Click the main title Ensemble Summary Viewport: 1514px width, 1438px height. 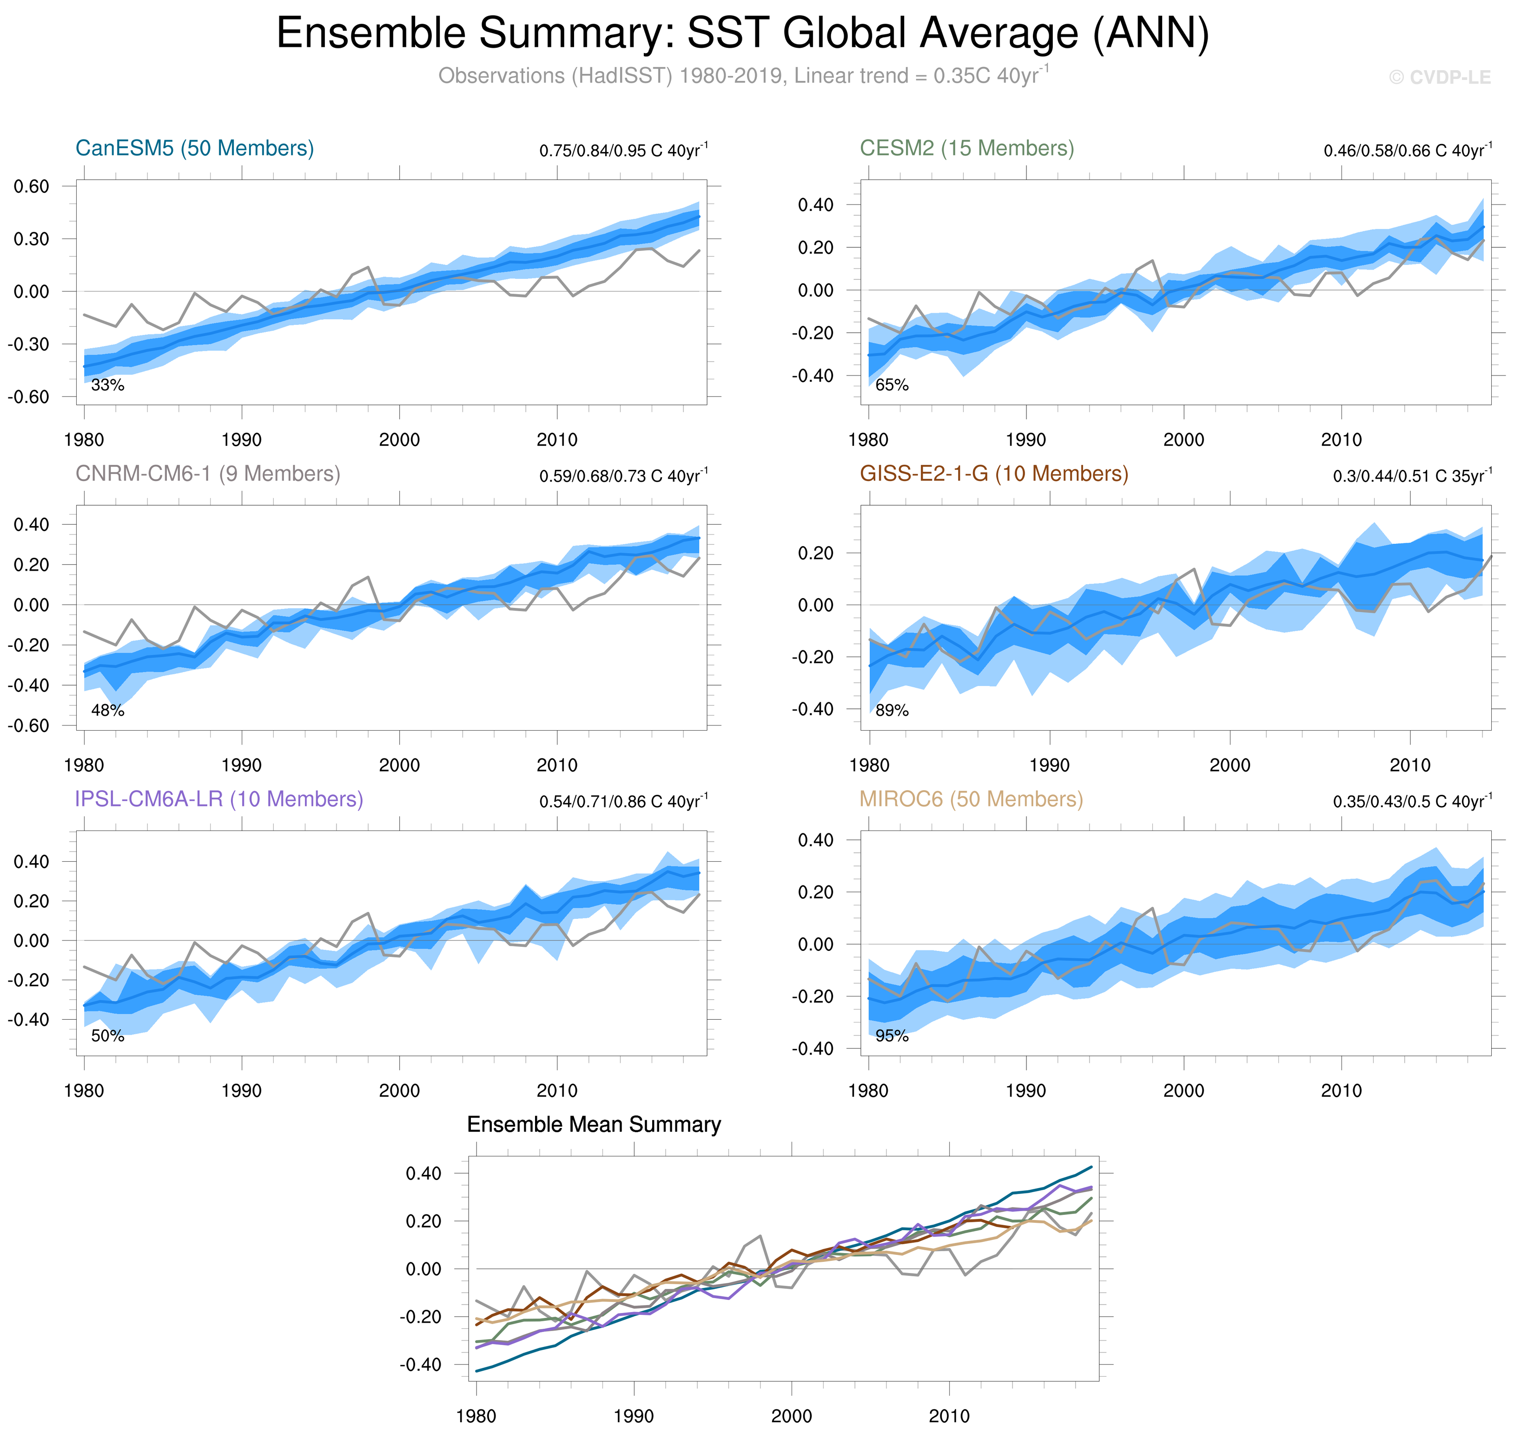(x=742, y=34)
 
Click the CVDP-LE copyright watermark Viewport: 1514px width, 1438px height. (x=1440, y=78)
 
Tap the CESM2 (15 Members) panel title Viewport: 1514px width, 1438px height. (x=967, y=148)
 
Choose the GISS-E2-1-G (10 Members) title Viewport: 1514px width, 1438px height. (x=993, y=474)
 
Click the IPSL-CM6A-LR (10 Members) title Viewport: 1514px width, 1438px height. (x=218, y=799)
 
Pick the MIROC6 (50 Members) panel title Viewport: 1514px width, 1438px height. (x=971, y=799)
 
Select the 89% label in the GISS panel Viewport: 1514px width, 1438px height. (x=892, y=711)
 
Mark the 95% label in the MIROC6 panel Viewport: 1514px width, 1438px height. (x=892, y=1036)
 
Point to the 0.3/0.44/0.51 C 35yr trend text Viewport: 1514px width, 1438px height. (x=1412, y=475)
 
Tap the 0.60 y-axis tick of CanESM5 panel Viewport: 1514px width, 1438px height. (x=32, y=186)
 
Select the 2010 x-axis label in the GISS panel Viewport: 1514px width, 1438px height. (x=1410, y=765)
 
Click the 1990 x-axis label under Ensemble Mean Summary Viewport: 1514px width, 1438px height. (x=633, y=1416)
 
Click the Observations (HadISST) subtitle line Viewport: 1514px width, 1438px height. (x=742, y=76)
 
